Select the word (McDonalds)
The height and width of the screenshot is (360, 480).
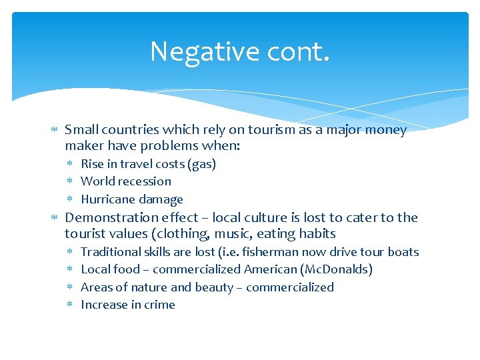pos(337,269)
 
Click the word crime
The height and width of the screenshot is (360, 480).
pos(160,305)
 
